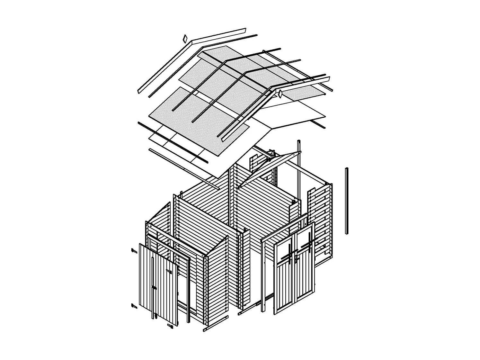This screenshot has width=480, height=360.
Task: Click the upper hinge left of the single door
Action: tap(134, 250)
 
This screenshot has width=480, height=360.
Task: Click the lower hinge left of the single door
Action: tap(134, 306)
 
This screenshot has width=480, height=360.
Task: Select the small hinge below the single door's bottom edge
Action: tap(170, 327)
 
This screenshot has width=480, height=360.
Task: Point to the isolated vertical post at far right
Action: tap(347, 201)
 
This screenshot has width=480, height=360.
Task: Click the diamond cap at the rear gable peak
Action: tap(185, 39)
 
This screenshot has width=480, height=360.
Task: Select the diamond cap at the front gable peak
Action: tap(280, 94)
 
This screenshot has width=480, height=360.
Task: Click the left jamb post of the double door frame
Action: tap(263, 276)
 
